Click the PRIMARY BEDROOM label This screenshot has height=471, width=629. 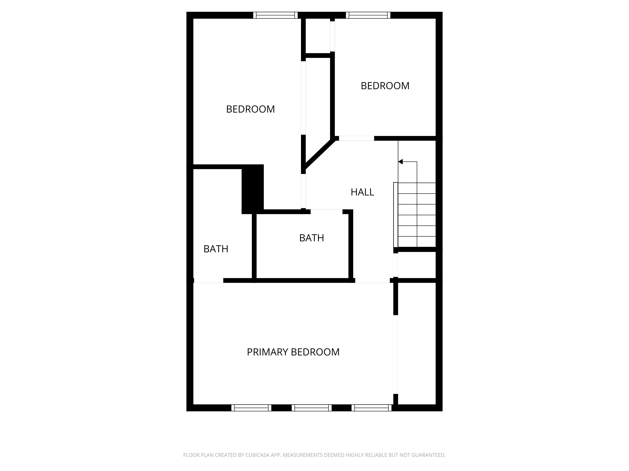(293, 352)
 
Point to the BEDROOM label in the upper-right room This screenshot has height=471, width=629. (385, 86)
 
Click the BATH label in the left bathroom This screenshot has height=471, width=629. (216, 249)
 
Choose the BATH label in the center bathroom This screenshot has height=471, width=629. (311, 238)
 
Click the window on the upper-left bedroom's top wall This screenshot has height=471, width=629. (275, 15)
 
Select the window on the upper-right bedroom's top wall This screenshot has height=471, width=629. (368, 15)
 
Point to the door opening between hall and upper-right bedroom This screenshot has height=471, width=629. (356, 138)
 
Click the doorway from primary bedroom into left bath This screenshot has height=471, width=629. (208, 281)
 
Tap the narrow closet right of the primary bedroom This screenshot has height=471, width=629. (417, 344)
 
